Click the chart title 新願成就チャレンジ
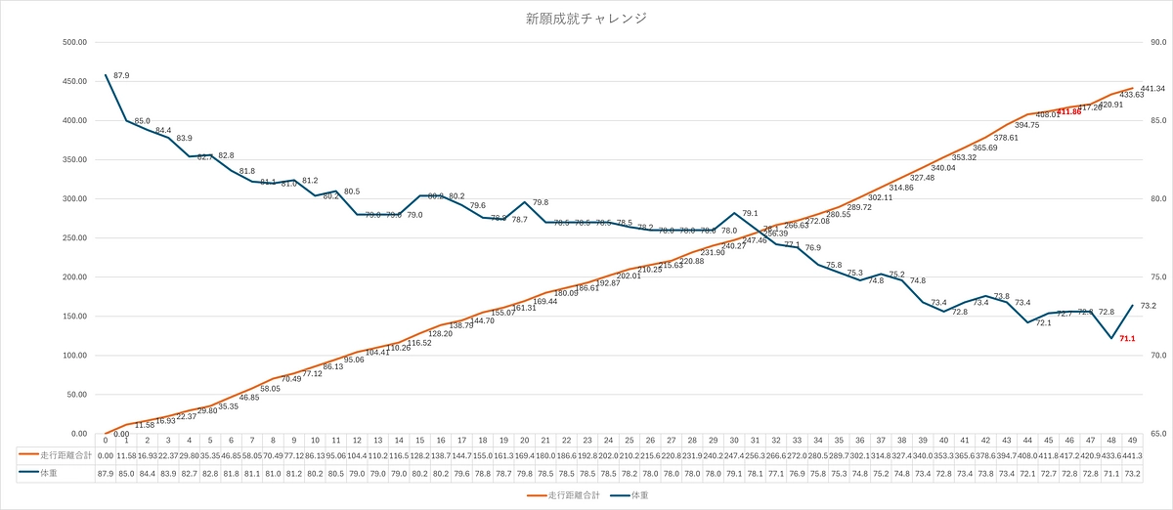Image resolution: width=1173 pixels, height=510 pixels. pyautogui.click(x=586, y=19)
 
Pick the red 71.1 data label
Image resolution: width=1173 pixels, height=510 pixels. pyautogui.click(x=1127, y=338)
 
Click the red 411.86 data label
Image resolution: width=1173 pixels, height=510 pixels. pyautogui.click(x=1070, y=112)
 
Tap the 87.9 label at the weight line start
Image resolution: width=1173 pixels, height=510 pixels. pyautogui.click(x=122, y=75)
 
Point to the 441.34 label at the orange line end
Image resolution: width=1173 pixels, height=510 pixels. pyautogui.click(x=1151, y=89)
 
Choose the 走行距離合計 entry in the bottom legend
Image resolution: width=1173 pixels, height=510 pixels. pyautogui.click(x=564, y=496)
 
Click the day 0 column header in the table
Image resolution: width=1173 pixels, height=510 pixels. pyautogui.click(x=106, y=441)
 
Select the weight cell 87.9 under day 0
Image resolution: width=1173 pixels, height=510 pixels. pyautogui.click(x=106, y=474)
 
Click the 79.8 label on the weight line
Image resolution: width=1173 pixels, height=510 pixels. pyautogui.click(x=540, y=202)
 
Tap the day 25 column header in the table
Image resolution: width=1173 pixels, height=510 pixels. pyautogui.click(x=630, y=441)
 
